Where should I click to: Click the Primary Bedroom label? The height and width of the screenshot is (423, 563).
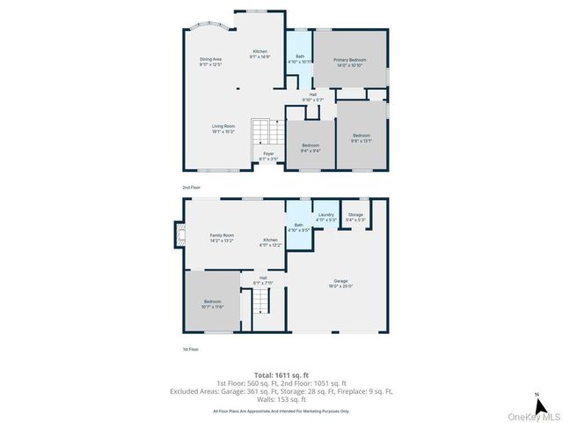(349, 60)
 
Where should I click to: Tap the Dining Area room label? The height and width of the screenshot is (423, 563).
(210, 59)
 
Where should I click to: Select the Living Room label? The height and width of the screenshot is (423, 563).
(223, 126)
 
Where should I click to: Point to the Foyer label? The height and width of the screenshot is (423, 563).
(268, 153)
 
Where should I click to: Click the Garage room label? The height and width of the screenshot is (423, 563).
(340, 280)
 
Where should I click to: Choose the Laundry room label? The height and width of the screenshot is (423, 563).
(325, 214)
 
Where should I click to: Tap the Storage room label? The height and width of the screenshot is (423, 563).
(355, 214)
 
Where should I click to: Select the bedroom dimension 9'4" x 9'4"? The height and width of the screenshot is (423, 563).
(311, 151)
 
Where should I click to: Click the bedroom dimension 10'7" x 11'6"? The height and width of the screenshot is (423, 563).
(215, 308)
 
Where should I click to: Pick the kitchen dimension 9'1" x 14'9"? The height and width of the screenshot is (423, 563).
(260, 57)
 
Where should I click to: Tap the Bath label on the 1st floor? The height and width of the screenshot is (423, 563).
(298, 226)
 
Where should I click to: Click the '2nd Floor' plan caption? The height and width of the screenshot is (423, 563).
(192, 188)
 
